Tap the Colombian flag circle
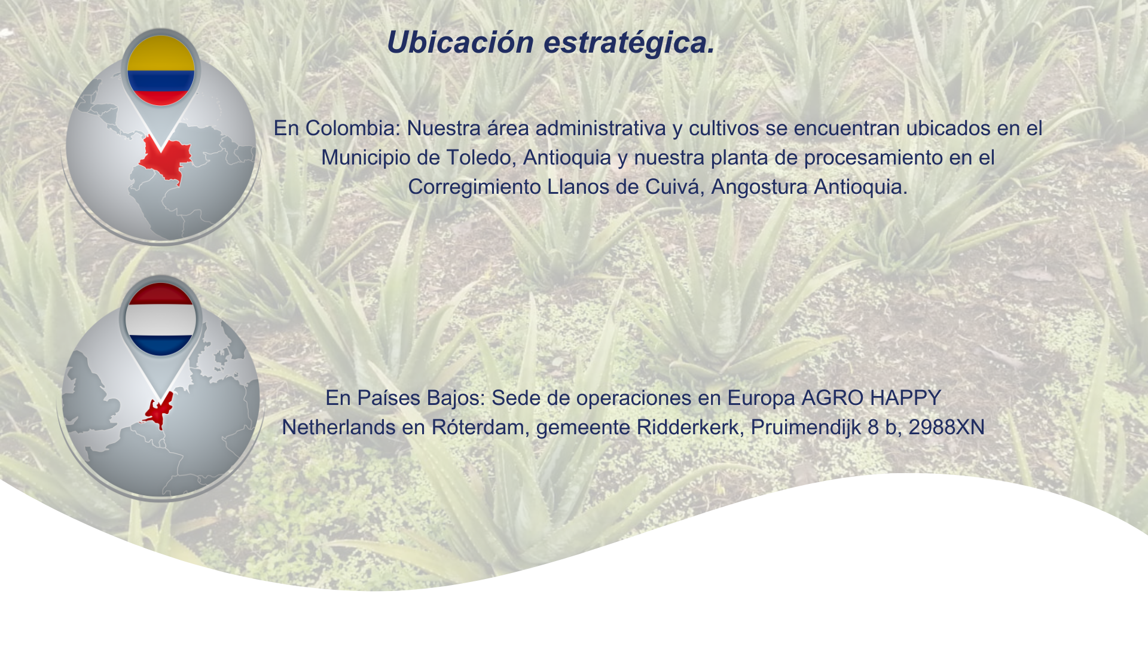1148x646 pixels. tap(161, 71)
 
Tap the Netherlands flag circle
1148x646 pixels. tap(160, 319)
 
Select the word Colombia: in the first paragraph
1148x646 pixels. tap(353, 128)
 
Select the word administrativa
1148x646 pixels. tap(600, 128)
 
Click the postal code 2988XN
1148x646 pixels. tap(947, 428)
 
